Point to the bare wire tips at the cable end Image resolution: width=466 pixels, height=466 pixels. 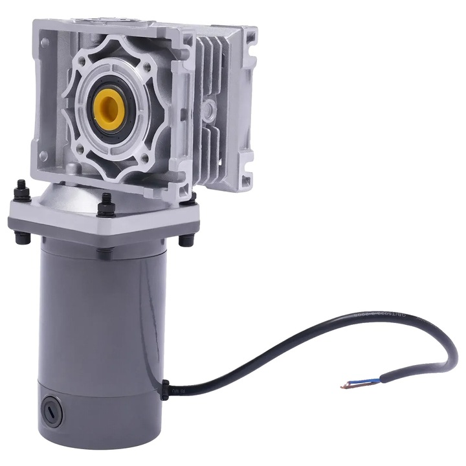pyautogui.click(x=344, y=388)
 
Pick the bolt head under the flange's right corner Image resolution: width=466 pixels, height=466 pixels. pyautogui.click(x=186, y=240)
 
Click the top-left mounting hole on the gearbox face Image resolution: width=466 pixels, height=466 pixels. pyautogui.click(x=43, y=43)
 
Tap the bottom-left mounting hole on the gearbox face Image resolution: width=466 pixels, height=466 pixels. pyautogui.click(x=43, y=156)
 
